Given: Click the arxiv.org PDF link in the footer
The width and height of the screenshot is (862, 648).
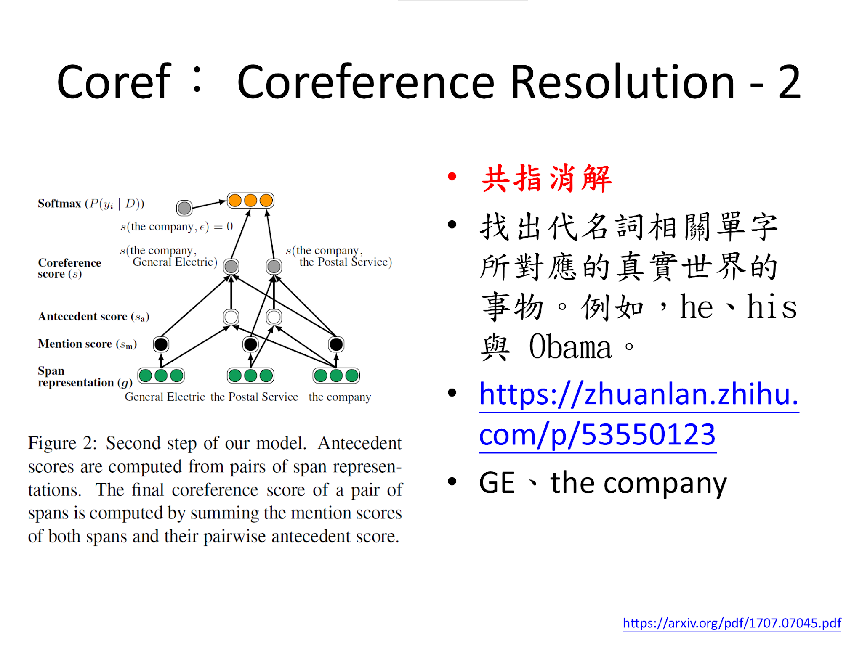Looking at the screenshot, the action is [732, 623].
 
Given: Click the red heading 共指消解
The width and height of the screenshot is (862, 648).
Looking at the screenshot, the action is [546, 179].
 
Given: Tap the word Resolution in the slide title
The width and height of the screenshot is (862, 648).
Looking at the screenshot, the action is [623, 82].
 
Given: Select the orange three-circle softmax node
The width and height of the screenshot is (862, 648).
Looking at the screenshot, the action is [250, 201].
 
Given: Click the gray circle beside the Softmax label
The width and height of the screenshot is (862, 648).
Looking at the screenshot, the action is [184, 208].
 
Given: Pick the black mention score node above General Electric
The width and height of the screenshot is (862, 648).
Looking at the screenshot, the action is [161, 344].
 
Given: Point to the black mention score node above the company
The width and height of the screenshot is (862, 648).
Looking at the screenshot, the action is [336, 344].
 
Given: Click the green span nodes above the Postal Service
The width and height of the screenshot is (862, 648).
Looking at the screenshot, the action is [250, 376].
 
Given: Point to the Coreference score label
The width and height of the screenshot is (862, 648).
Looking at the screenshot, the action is [69, 268].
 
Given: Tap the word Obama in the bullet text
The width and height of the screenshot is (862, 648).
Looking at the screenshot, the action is [570, 347].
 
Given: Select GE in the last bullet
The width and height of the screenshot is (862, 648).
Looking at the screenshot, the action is [497, 482].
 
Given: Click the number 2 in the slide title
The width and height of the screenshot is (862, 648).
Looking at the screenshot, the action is [789, 82].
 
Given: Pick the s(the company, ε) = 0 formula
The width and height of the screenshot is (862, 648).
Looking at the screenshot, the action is [176, 227].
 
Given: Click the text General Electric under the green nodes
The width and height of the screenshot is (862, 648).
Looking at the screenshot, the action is [165, 397].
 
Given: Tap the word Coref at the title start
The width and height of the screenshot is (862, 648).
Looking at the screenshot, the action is [114, 82].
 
